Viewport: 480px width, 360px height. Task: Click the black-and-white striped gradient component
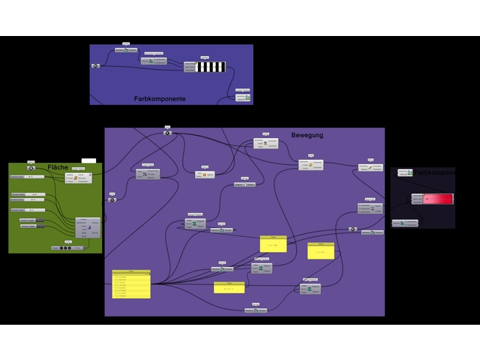tap(209, 67)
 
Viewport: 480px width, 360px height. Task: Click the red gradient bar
tap(433, 199)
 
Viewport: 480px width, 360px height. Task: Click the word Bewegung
tap(307, 135)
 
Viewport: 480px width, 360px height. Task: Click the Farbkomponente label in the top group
tap(160, 99)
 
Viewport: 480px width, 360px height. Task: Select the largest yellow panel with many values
tap(131, 285)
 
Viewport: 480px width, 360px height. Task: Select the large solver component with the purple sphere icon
tap(87, 227)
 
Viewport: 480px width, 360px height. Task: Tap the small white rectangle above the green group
tap(88, 160)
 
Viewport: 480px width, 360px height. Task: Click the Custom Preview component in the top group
tap(242, 97)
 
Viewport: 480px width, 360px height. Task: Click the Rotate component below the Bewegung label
tap(265, 143)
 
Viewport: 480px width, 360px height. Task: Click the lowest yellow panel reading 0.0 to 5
tap(229, 288)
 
